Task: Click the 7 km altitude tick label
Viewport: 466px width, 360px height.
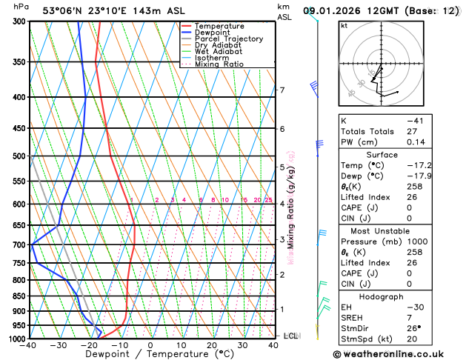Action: (x=282, y=90)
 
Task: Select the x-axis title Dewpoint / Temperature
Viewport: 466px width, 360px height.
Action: (x=150, y=354)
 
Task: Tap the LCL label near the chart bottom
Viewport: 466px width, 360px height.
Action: (x=290, y=336)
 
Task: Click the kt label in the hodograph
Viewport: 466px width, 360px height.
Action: (x=344, y=25)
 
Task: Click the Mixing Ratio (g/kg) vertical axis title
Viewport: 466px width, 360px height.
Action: (x=290, y=208)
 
